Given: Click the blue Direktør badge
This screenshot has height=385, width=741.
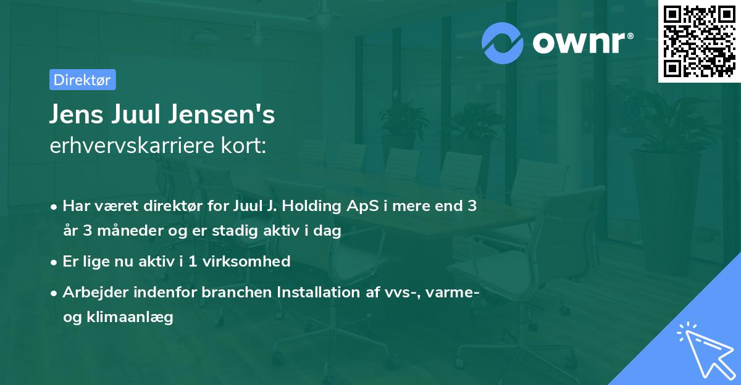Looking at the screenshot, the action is pos(83,80).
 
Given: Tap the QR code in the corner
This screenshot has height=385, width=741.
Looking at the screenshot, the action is pos(699,41).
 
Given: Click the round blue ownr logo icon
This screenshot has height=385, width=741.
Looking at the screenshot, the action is pos(502,43).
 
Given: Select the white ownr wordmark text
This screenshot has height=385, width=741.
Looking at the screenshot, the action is pos(579,43).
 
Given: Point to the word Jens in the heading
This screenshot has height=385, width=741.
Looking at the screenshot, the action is pos(77,114).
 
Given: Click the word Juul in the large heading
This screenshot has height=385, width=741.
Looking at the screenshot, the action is pos(136,114).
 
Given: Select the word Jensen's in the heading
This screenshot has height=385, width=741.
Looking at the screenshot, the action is pos(222,114).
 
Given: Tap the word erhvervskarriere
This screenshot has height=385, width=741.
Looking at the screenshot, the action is pos(132,146).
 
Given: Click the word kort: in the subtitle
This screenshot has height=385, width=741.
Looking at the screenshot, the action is pos(243,146).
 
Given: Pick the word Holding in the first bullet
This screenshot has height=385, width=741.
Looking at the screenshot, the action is pos(311,206).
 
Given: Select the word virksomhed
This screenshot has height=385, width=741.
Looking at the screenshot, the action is pos(246,262).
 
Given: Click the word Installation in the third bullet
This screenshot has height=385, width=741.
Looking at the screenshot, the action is pos(318,292).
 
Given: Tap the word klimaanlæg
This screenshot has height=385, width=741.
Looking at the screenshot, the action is pos(130,318).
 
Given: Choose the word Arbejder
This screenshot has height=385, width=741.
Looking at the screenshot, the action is pos(95,292).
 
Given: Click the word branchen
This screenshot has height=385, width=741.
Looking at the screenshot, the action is pos(237,292).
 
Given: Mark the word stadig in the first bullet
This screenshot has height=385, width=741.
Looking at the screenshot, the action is pos(235,231).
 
